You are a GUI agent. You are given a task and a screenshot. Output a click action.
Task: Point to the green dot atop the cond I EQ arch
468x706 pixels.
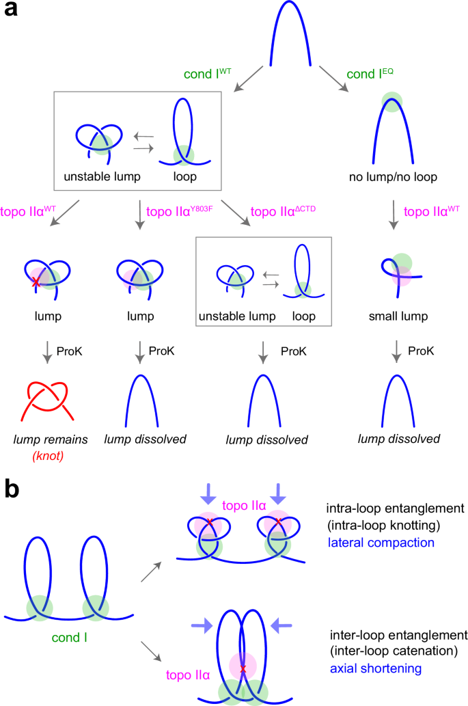(x=391, y=103)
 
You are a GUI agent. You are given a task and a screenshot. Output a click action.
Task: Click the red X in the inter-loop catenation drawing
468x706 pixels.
(x=243, y=668)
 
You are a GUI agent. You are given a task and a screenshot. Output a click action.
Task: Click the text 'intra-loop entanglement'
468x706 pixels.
(x=385, y=508)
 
